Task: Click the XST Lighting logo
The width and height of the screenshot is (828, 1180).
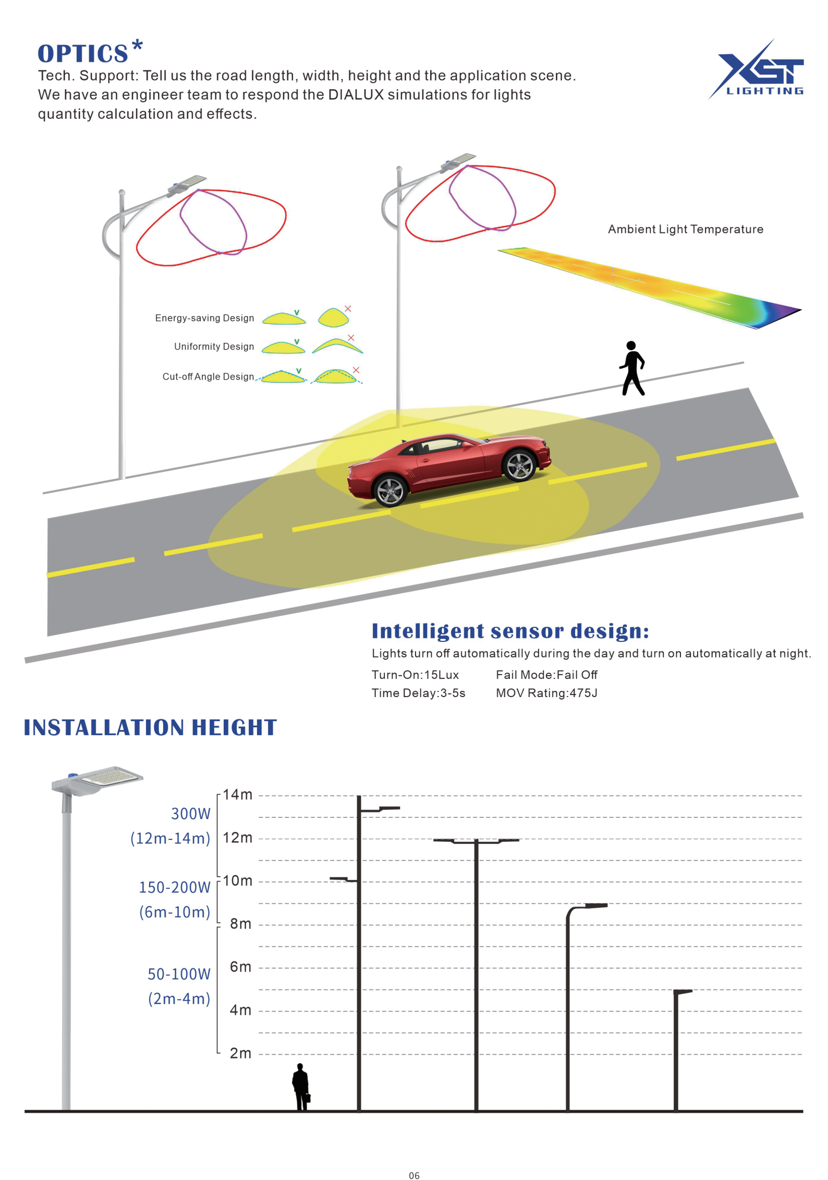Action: coord(756,69)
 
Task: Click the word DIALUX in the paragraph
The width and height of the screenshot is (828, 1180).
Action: coord(356,95)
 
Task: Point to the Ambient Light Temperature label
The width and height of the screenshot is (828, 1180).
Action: coord(685,229)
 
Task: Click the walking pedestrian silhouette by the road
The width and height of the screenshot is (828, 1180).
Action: coord(632,368)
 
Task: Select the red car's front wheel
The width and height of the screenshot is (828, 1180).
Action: coord(519,465)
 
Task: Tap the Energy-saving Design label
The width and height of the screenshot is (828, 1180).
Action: coord(204,318)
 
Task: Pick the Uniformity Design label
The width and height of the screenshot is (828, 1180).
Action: coord(214,346)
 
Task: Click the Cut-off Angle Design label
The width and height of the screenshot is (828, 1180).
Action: coord(208,377)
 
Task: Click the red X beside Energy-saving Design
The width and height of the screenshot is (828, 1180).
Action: coord(348,308)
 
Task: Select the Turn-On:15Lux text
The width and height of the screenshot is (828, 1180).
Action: coord(415,675)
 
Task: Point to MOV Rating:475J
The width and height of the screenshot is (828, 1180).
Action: coord(546,693)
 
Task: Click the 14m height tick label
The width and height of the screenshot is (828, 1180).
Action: coord(237,794)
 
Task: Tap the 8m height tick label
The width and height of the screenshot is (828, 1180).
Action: coord(240,924)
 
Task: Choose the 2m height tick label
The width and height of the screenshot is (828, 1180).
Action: coord(240,1053)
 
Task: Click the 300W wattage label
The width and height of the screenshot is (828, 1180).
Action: coord(191,814)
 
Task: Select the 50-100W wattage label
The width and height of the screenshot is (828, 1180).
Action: coord(179,974)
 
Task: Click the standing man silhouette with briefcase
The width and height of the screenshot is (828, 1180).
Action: coord(301,1087)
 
